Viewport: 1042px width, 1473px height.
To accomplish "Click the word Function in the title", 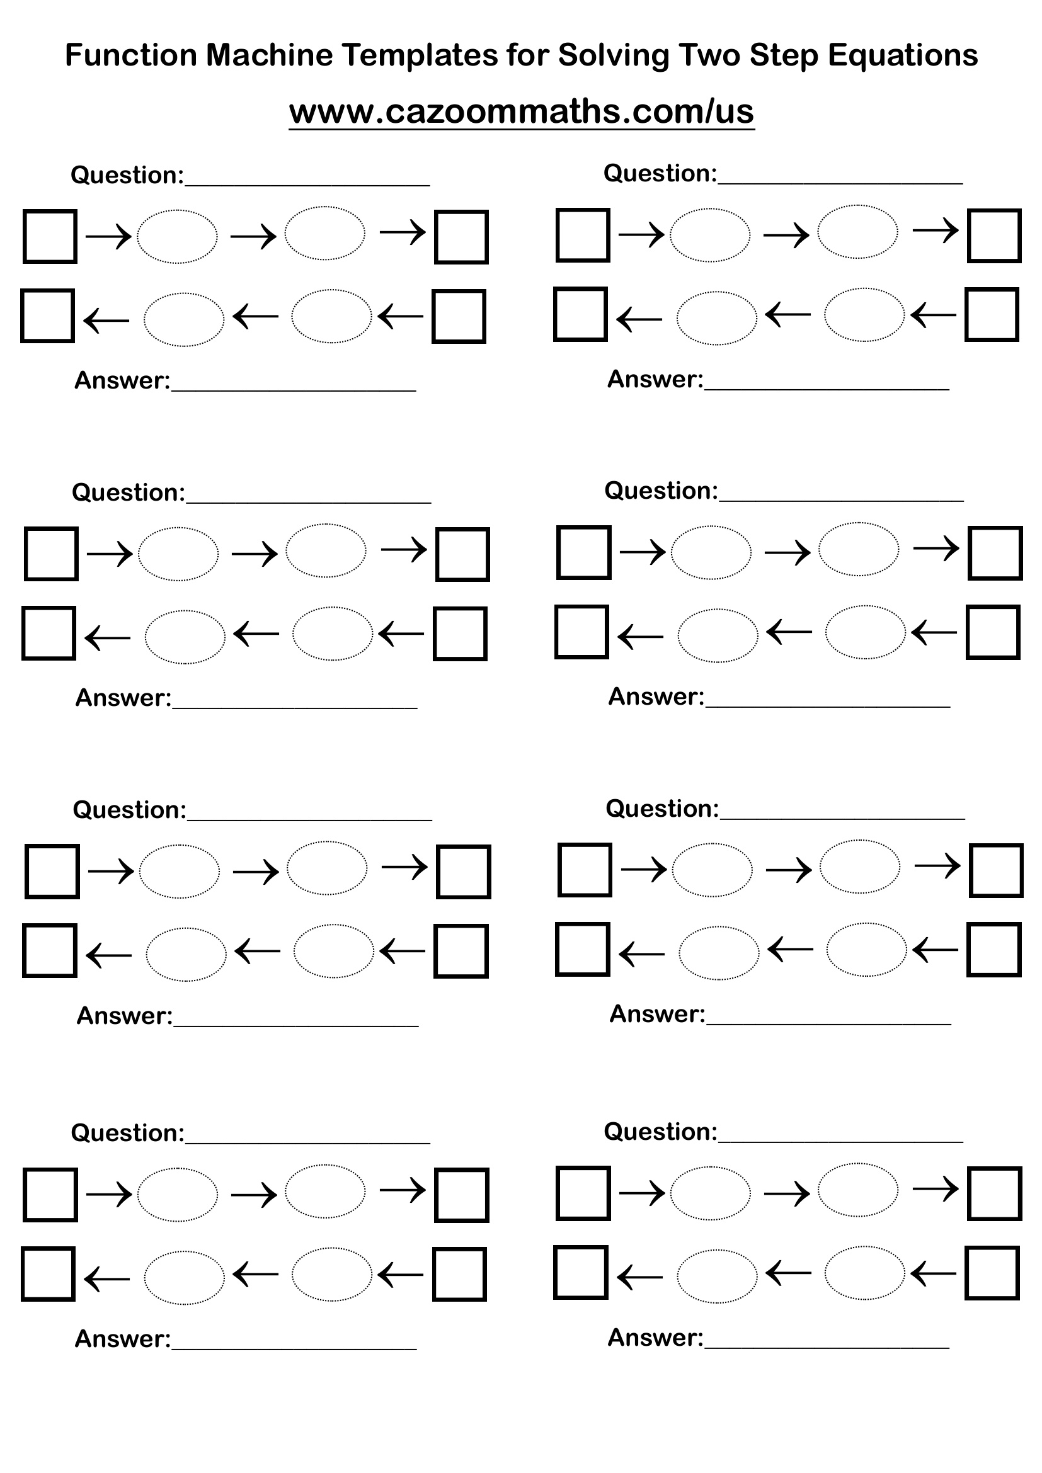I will pos(131,55).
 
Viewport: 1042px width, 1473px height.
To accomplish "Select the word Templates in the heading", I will pos(420,55).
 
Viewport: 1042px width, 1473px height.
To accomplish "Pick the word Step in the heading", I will pos(784,55).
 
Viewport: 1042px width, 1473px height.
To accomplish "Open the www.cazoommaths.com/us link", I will pos(521,111).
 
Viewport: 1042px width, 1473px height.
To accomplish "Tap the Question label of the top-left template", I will pos(127,175).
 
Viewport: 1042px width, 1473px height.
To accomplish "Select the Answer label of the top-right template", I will pos(655,379).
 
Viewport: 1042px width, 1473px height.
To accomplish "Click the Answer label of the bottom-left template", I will pos(123,1339).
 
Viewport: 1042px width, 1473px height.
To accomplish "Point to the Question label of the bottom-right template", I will pos(660,1132).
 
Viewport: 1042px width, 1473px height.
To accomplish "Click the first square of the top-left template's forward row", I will pos(50,236).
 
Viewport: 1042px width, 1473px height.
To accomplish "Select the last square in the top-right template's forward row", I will pos(994,236).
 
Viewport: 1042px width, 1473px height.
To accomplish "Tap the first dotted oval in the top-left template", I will pos(177,236).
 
